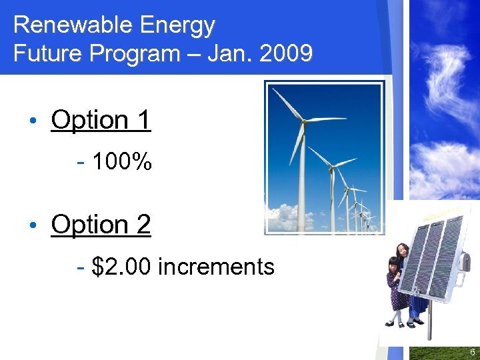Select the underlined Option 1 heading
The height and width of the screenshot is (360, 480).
(x=101, y=120)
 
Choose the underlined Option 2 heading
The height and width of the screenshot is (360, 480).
(x=101, y=225)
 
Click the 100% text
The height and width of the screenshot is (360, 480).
(x=122, y=161)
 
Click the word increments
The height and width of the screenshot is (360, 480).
(x=217, y=267)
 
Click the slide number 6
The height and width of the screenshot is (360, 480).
(x=472, y=351)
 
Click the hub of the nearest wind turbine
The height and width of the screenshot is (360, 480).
(x=304, y=121)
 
